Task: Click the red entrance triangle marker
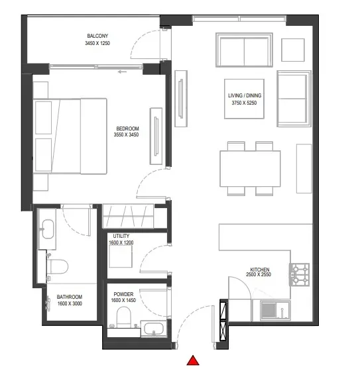193,360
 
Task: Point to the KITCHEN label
259,270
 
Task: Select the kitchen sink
270,309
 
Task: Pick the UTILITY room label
121,236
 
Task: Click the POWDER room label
124,293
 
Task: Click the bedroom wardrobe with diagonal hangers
129,216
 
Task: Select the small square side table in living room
292,49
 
